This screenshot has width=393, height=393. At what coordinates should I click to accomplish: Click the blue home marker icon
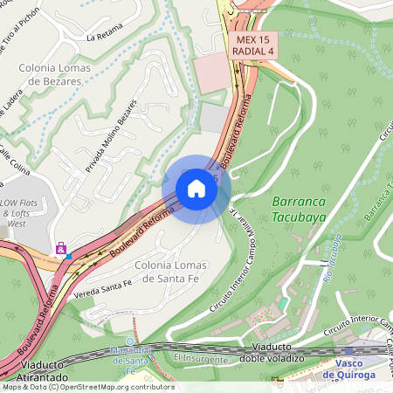coord(196,189)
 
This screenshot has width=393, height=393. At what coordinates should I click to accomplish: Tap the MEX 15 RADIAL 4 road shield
coord(254,45)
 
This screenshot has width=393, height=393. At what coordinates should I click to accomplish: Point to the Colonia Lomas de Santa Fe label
coord(160,272)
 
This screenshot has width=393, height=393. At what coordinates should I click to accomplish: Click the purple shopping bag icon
coord(60,248)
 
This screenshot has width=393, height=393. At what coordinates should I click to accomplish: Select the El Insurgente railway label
coord(200,358)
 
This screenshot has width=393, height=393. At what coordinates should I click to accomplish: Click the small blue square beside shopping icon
coord(69,257)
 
